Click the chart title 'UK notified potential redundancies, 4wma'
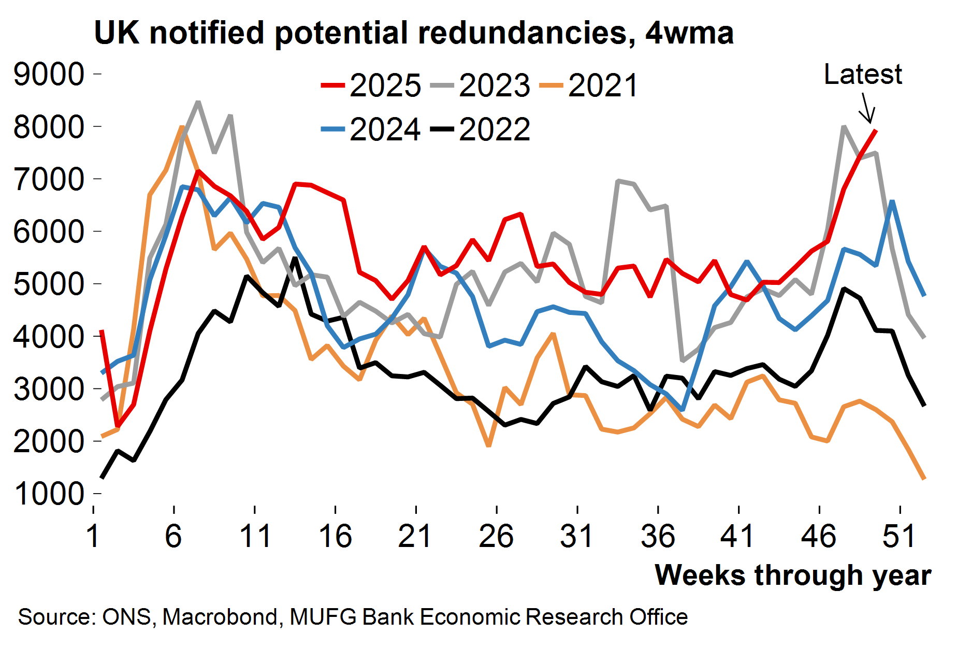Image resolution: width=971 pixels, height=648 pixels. [x=413, y=33]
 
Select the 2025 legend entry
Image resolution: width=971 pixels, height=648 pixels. [x=371, y=85]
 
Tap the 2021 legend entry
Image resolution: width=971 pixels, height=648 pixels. [x=589, y=85]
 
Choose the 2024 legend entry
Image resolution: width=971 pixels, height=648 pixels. [x=371, y=129]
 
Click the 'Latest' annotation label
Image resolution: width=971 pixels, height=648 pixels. [x=863, y=75]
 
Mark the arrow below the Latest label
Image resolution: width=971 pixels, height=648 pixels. [x=867, y=108]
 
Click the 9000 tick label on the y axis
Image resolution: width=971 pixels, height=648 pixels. [x=49, y=75]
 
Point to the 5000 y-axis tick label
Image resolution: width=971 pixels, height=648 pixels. [x=49, y=284]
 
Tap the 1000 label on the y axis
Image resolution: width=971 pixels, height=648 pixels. [x=49, y=494]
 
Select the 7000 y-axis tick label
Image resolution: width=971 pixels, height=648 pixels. [x=49, y=179]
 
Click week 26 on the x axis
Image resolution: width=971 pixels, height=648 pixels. [x=496, y=536]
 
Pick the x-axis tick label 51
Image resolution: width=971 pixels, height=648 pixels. [x=900, y=536]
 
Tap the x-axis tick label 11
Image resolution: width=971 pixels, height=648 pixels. [x=255, y=536]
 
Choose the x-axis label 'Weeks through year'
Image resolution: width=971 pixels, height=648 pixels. [x=793, y=575]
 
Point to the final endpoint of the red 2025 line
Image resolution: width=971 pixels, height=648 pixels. [x=875, y=131]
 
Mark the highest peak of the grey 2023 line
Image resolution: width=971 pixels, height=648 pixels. [x=198, y=102]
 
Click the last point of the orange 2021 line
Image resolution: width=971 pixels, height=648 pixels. [x=924, y=479]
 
